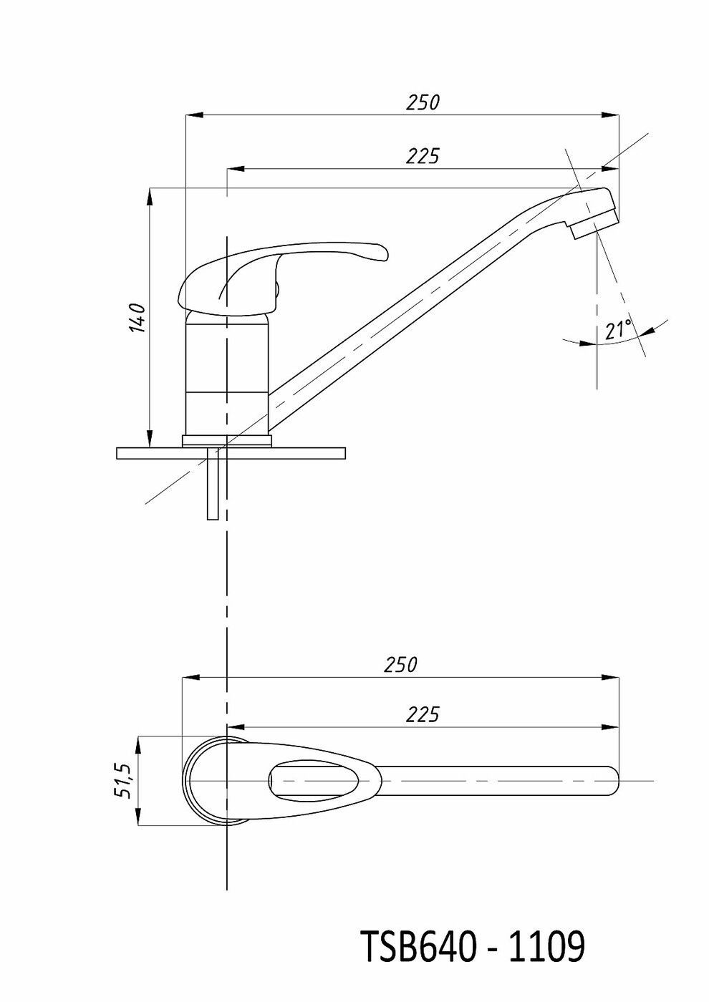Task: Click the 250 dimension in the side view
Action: (423, 102)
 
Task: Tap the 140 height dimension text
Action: (138, 318)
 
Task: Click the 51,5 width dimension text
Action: (122, 781)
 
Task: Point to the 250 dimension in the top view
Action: (400, 665)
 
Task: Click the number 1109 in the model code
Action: (546, 946)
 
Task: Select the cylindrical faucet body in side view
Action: (228, 374)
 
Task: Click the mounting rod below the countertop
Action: (213, 482)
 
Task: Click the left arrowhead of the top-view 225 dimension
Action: (237, 727)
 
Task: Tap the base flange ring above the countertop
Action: (228, 441)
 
